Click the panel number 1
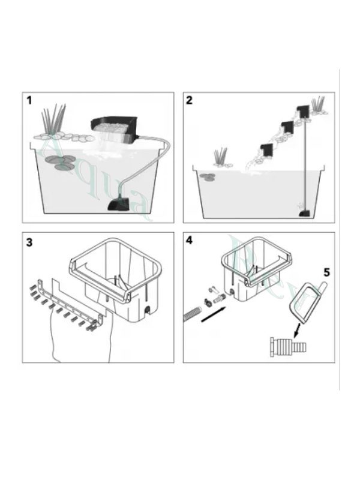(29, 100)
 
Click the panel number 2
(190, 100)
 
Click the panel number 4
(190, 241)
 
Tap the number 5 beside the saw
(326, 272)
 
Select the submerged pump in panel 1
(118, 204)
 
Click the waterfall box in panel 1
(114, 128)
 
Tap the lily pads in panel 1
(62, 163)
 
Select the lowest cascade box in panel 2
(266, 151)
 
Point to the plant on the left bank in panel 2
(222, 157)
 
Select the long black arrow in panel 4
(215, 314)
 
